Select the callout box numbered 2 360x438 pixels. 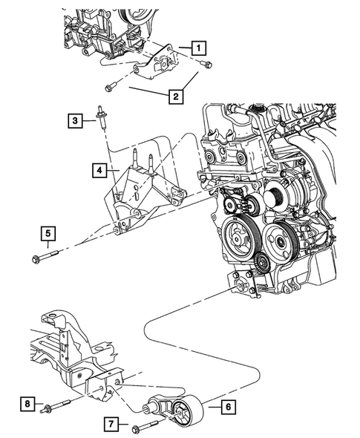(x=176, y=96)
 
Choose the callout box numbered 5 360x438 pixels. (x=47, y=235)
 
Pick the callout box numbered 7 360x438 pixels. (x=110, y=425)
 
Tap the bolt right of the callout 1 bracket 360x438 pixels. (x=207, y=64)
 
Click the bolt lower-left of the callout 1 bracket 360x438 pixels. (x=111, y=85)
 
